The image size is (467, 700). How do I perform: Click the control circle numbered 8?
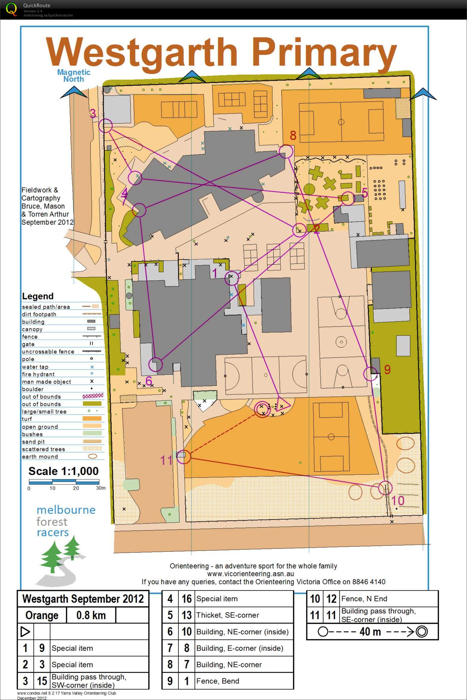[286, 151]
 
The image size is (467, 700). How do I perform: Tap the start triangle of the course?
[283, 405]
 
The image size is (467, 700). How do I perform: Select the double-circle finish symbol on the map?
[262, 409]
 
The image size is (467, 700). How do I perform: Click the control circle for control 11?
[184, 456]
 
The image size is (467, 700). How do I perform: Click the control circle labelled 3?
[105, 126]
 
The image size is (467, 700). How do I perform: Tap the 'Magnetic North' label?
[73, 75]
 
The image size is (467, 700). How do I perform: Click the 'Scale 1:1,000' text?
[63, 471]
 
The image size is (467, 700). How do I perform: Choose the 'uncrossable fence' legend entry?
[48, 351]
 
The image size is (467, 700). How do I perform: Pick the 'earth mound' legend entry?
[40, 457]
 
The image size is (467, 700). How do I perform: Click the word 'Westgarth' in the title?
[141, 53]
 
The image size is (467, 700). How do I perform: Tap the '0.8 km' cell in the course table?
[91, 615]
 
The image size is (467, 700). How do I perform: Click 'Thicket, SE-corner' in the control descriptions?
[227, 615]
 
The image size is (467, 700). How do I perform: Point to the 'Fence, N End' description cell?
[364, 599]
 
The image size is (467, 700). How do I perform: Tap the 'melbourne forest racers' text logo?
[66, 521]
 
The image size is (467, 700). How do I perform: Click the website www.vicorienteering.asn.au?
[250, 574]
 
